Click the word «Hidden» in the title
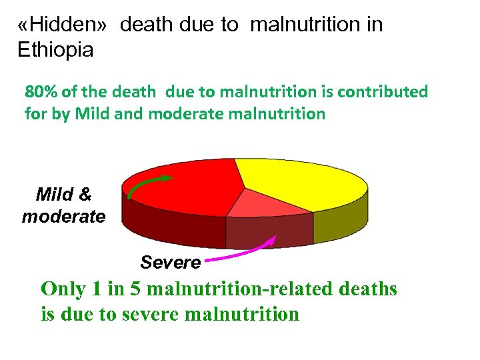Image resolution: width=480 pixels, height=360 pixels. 63,25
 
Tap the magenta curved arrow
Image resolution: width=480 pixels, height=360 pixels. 240,251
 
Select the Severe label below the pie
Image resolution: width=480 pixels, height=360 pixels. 171,263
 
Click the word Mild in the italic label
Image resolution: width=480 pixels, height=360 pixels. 54,195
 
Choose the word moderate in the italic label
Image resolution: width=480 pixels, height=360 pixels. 63,217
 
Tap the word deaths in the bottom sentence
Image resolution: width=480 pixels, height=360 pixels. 368,289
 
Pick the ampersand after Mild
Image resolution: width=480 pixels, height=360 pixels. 85,195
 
